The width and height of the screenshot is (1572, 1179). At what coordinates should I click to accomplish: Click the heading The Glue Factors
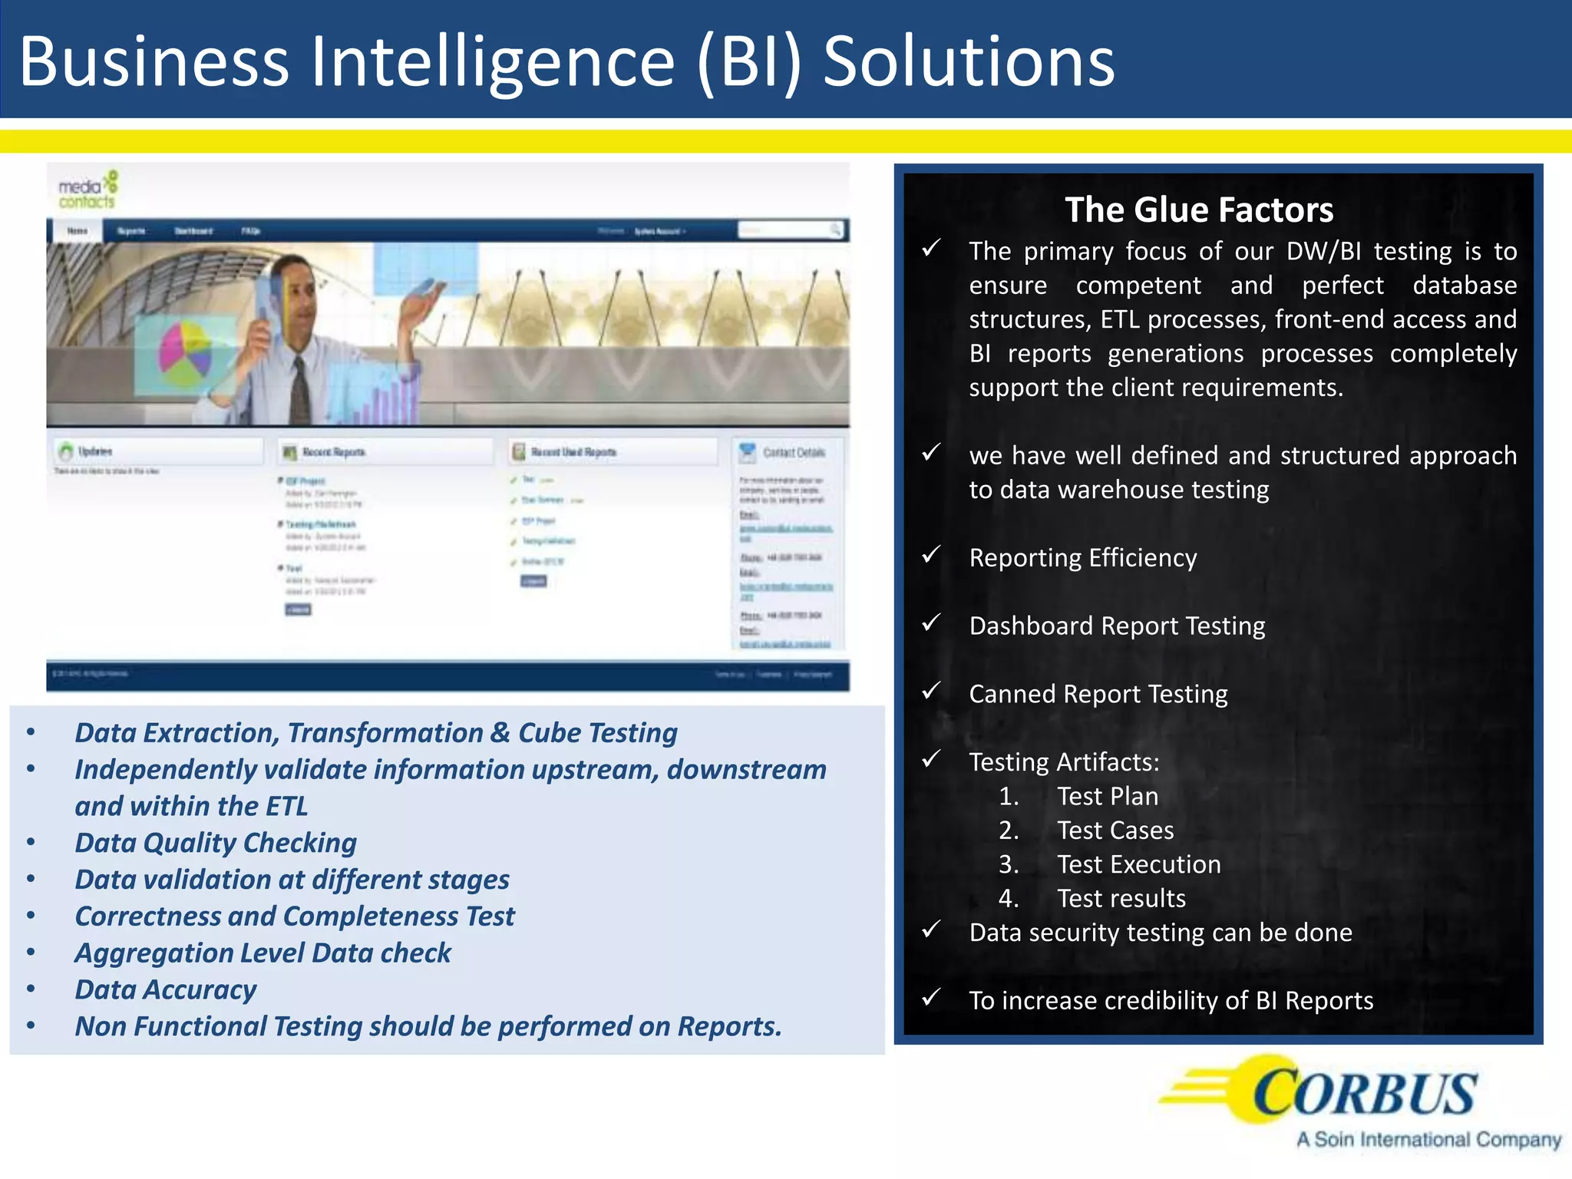point(1199,210)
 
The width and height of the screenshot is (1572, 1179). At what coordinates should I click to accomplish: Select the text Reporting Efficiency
point(1082,557)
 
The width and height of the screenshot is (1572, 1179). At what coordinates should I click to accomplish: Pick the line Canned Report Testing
point(1098,694)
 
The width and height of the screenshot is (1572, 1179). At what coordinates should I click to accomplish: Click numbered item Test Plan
point(1107,796)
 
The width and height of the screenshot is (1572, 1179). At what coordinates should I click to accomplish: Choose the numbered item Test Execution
point(1138,864)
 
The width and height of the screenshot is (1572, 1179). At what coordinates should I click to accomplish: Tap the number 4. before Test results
point(1008,898)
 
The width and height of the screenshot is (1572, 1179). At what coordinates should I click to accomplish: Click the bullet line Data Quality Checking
point(216,843)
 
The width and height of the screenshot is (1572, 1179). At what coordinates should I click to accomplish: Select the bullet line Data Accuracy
point(166,989)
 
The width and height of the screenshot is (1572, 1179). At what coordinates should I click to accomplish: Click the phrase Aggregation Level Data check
point(263,953)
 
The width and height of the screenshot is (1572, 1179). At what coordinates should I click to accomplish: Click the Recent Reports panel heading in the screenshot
point(333,452)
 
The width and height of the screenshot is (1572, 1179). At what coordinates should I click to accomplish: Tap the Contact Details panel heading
point(793,452)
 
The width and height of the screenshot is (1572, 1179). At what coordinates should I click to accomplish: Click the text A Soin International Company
point(1428,1140)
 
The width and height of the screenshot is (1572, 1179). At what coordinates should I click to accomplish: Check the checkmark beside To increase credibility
point(931,997)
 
